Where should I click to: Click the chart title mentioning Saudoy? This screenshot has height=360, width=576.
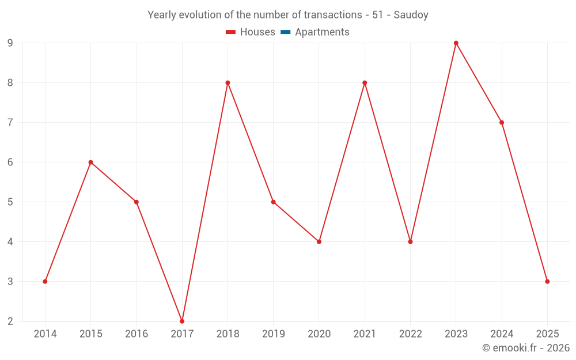(x=287, y=15)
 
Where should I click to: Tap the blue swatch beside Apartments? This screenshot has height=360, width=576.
(x=285, y=32)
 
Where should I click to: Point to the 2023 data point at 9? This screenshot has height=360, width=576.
(x=456, y=43)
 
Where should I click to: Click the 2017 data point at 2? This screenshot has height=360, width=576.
(x=182, y=321)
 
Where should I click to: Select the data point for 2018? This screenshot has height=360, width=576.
(x=228, y=83)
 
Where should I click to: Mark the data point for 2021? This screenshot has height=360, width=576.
(x=365, y=83)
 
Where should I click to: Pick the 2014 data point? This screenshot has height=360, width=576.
(x=45, y=281)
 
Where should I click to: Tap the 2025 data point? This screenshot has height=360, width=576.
(x=547, y=281)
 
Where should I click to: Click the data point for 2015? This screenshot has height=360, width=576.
(x=90, y=162)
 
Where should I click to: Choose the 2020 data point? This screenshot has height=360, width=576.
(x=319, y=241)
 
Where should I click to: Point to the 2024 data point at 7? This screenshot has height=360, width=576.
(x=502, y=123)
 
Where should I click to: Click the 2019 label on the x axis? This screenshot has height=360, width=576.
(x=273, y=334)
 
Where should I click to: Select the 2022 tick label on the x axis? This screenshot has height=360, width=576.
(x=410, y=334)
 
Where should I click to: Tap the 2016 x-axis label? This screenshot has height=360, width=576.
(x=137, y=334)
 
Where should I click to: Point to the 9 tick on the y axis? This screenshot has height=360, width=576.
(x=10, y=43)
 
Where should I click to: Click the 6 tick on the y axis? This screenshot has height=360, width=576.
(x=10, y=162)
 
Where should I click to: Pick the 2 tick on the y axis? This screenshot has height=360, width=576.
(x=10, y=321)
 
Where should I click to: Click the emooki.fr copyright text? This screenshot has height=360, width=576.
(x=525, y=348)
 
